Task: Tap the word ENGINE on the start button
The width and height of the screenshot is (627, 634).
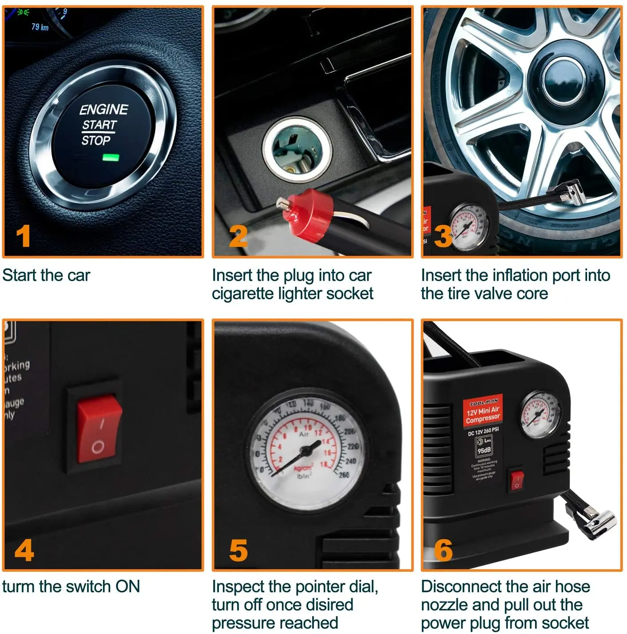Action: [103, 109]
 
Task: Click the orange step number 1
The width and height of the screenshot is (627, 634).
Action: [23, 236]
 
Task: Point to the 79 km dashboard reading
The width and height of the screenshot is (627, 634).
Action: [40, 27]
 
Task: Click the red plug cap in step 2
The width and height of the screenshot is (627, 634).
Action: [308, 215]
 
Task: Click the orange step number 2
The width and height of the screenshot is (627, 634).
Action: [238, 236]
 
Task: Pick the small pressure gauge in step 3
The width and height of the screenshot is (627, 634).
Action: [469, 227]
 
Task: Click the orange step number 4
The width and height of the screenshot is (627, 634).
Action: [24, 551]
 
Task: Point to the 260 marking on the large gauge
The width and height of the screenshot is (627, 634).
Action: [344, 475]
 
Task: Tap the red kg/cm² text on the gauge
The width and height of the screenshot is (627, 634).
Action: [303, 468]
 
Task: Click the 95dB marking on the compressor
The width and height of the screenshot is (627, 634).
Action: [484, 450]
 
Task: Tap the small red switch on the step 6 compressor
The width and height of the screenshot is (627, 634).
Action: [516, 481]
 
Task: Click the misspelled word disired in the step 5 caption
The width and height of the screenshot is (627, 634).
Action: [329, 605]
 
